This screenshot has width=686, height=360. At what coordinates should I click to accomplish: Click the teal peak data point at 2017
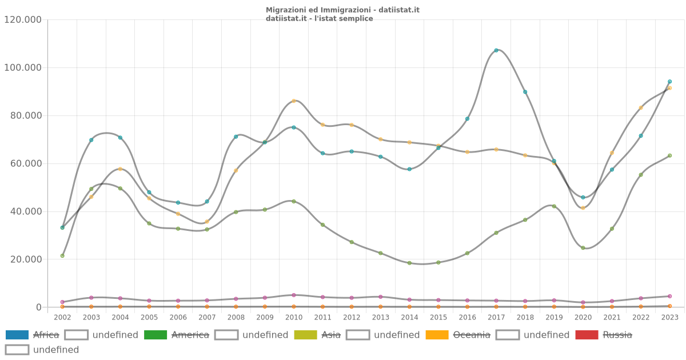tap(496, 50)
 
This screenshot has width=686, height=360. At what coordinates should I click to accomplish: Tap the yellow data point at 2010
tap(294, 101)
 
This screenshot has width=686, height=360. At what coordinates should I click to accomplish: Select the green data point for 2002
tap(62, 255)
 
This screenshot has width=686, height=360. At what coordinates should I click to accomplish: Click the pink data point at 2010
tap(294, 295)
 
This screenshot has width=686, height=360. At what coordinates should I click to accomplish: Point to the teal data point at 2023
tap(669, 82)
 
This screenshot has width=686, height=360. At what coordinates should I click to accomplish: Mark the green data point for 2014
tap(409, 263)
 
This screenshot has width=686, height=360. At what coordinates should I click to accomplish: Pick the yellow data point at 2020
tap(583, 208)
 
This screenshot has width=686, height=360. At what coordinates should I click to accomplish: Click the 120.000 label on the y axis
tap(23, 19)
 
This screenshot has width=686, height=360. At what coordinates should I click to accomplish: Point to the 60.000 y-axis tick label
tap(23, 163)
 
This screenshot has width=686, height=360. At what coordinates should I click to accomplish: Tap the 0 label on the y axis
tap(39, 307)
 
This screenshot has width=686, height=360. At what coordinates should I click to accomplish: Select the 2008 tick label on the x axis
tap(236, 317)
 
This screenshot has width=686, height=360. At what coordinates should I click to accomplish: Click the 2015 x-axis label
tap(438, 317)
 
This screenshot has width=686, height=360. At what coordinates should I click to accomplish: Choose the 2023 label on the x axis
tap(669, 317)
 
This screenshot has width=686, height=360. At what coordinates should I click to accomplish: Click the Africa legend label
tap(46, 335)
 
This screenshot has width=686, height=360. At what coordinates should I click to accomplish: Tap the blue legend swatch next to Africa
tap(17, 335)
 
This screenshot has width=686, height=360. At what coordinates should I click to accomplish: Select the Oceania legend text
tap(472, 335)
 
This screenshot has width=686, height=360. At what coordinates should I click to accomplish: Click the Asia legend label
tap(331, 335)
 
